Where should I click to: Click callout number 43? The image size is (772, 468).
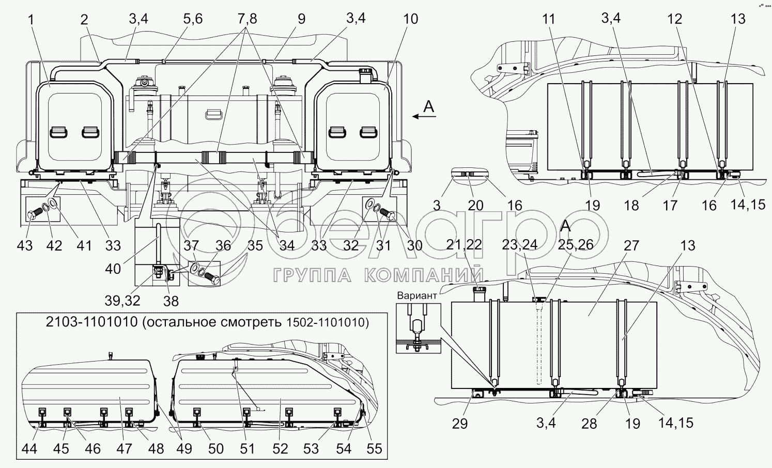pyautogui.click(x=24, y=246)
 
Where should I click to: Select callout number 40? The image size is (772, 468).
pyautogui.click(x=113, y=269)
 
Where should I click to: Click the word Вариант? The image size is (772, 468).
pyautogui.click(x=417, y=295)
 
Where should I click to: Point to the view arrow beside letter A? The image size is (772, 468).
pyautogui.click(x=424, y=116)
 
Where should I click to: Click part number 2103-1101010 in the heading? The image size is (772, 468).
pyautogui.click(x=92, y=322)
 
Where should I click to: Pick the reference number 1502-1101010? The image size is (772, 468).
pyautogui.click(x=325, y=322)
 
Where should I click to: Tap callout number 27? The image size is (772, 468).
pyautogui.click(x=631, y=246)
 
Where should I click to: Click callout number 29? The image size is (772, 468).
pyautogui.click(x=460, y=424)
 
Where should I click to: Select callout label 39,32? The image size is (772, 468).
pyautogui.click(x=122, y=301)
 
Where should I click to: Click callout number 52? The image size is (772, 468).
pyautogui.click(x=280, y=449)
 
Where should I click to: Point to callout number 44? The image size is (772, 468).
pyautogui.click(x=29, y=449)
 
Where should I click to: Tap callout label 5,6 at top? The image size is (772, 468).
pyautogui.click(x=193, y=19)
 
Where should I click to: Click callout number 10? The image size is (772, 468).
pyautogui.click(x=410, y=19)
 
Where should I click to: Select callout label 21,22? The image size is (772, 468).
pyautogui.click(x=464, y=245)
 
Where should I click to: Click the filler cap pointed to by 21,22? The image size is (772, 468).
pyautogui.click(x=479, y=293)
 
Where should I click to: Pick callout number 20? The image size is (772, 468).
pyautogui.click(x=475, y=206)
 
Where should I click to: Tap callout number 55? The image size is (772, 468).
pyautogui.click(x=374, y=449)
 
